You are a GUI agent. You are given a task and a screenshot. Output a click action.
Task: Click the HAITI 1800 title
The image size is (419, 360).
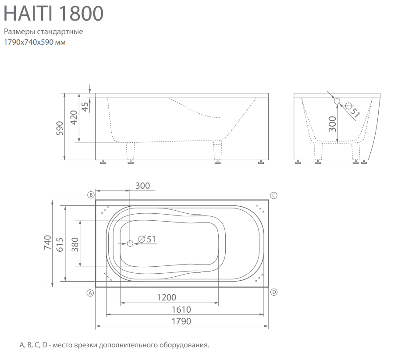(53, 13)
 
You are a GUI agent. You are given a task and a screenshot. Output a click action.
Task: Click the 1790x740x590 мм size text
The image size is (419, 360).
(35, 42)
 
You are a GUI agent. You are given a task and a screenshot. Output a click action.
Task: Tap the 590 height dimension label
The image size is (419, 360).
(60, 128)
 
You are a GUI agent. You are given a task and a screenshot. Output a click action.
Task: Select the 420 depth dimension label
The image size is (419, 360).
(74, 117)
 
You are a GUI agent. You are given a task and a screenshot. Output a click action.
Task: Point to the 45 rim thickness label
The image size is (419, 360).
(85, 107)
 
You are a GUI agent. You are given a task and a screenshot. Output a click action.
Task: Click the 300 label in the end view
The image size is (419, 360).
(332, 124)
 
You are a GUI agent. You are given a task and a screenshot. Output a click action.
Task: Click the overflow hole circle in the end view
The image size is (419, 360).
(337, 101)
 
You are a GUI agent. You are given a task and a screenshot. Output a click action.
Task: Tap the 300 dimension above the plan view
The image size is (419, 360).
(142, 186)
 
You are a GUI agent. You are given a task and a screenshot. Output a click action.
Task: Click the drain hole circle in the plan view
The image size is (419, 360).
(130, 244)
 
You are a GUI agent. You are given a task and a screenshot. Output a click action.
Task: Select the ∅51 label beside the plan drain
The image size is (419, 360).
(147, 239)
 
